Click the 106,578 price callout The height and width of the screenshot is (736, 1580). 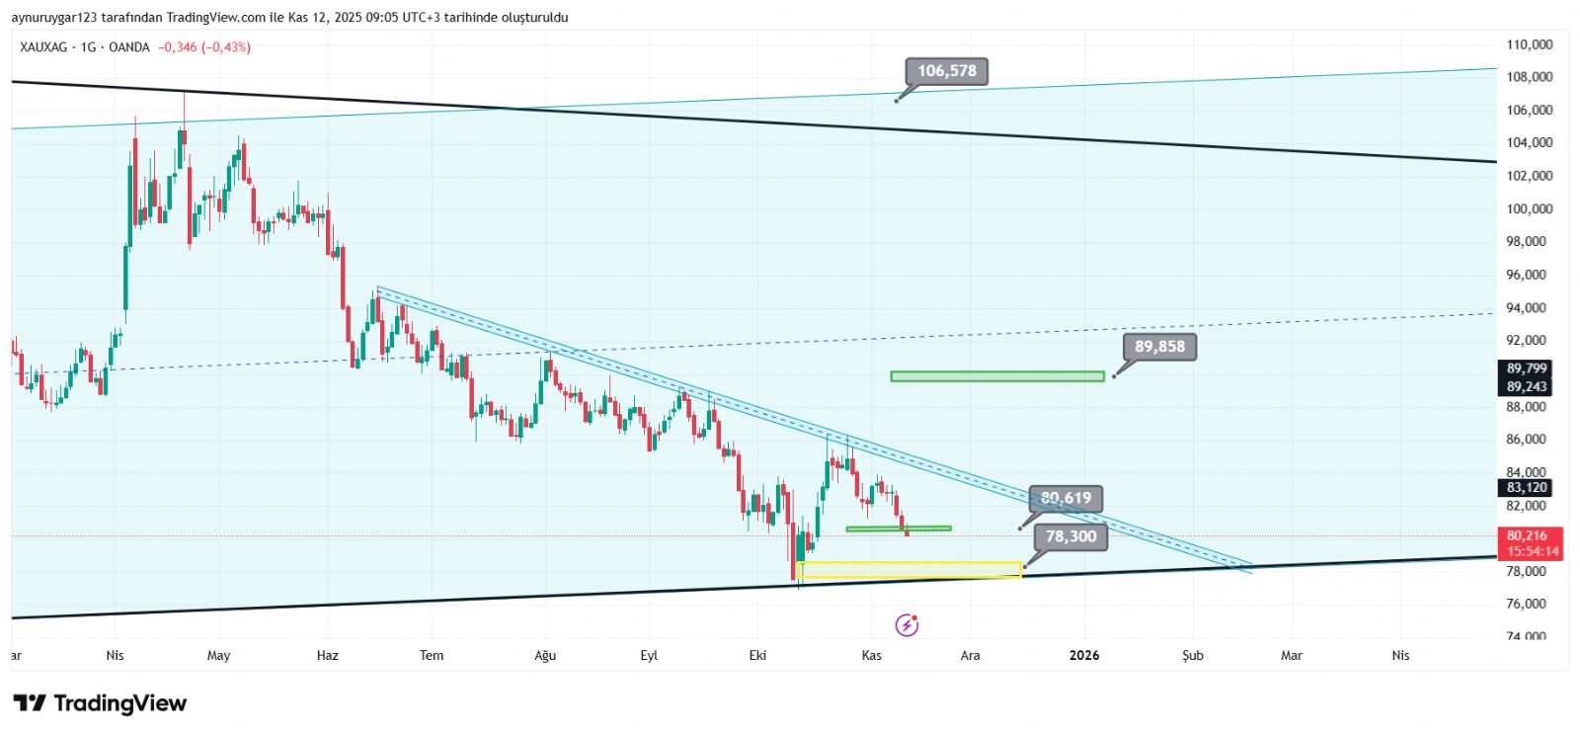coord(946,71)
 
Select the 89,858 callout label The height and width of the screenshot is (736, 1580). coord(1158,347)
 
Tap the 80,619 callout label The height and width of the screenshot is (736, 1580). coord(1066,498)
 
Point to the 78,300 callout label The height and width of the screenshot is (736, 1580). coord(1070,536)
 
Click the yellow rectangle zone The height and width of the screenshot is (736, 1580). coord(909,570)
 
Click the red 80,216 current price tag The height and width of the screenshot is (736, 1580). coord(1527,535)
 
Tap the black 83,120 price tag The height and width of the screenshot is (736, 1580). coord(1527,487)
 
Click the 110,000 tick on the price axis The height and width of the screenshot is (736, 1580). coord(1529,44)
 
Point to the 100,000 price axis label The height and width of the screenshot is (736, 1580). coord(1529,208)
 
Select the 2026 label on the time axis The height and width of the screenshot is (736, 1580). coord(1083,655)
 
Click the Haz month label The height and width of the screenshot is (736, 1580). coord(327,655)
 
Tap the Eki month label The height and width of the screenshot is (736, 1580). coord(757,655)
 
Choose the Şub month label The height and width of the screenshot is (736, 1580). coord(1193,655)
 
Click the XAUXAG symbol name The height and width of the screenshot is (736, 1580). coord(43,47)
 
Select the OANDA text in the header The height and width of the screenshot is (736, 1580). coord(129,47)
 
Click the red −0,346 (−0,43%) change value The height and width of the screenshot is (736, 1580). coord(204,47)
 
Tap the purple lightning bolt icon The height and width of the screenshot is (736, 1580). coord(907,624)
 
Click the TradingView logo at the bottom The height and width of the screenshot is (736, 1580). coord(100,703)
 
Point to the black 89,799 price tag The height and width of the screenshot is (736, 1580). coord(1527,368)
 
